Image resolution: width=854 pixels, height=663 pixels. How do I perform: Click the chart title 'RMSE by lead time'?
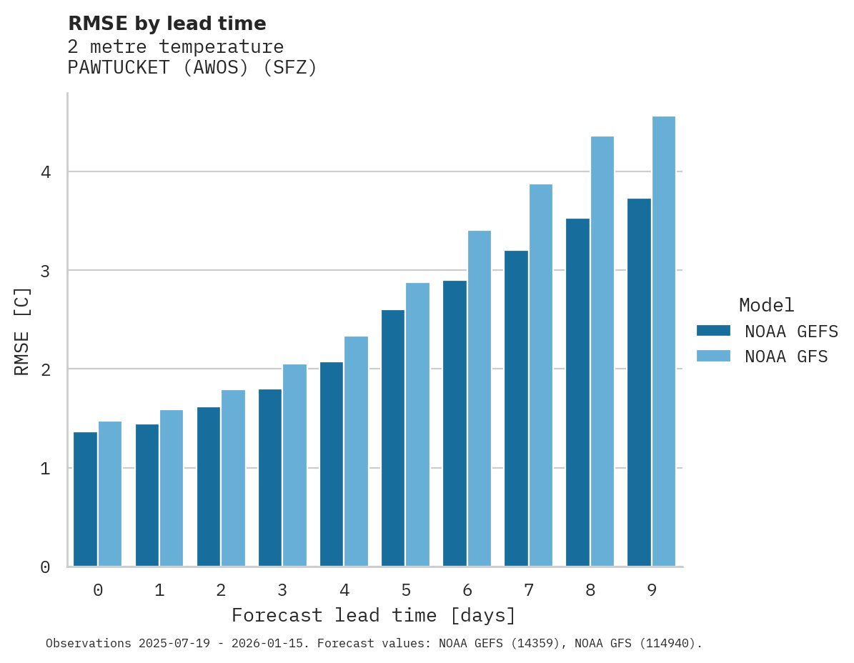pos(167,24)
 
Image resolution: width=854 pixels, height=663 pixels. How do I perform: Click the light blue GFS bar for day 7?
pos(541,375)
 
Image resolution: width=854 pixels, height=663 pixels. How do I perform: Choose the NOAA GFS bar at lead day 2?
pos(233,478)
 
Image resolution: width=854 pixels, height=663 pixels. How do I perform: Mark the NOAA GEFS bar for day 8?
pos(577,392)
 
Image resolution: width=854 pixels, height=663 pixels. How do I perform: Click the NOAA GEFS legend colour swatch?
pos(713,331)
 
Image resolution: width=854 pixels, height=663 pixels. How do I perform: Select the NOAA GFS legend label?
pos(786,357)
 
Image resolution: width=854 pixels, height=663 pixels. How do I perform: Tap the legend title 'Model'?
pos(767,306)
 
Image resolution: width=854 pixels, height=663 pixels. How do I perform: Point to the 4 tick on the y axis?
pos(45,172)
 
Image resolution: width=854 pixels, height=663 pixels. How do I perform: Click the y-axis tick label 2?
pos(45,369)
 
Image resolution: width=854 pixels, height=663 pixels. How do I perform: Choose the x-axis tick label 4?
pos(344,591)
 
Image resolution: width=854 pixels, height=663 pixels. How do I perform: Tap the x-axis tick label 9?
pos(652,591)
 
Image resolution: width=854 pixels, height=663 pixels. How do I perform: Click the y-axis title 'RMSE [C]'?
pos(22,331)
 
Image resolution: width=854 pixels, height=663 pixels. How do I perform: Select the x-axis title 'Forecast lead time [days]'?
pos(374,615)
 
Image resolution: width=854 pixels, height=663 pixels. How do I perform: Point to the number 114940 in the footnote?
pos(666,644)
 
